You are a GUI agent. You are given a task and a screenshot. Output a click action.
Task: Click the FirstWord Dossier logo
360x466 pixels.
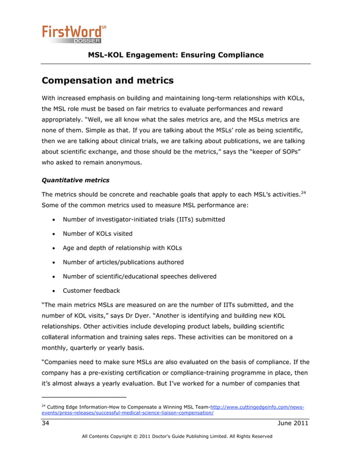point(72,33)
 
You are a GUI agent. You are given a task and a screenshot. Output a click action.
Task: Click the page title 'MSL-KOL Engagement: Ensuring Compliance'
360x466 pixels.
point(176,55)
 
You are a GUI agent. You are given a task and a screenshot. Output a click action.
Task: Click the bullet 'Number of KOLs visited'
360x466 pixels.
point(99,234)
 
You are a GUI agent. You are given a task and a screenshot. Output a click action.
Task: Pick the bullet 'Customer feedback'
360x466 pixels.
point(91,291)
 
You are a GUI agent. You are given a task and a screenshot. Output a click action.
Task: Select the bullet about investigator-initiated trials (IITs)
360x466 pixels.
point(144,219)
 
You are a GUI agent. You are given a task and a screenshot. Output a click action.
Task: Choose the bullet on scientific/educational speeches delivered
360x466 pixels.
point(139,276)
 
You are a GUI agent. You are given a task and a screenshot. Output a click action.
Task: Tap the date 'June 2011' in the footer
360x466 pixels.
point(293,424)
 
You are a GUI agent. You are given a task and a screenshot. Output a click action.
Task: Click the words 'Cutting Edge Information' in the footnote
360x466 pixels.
point(78,407)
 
